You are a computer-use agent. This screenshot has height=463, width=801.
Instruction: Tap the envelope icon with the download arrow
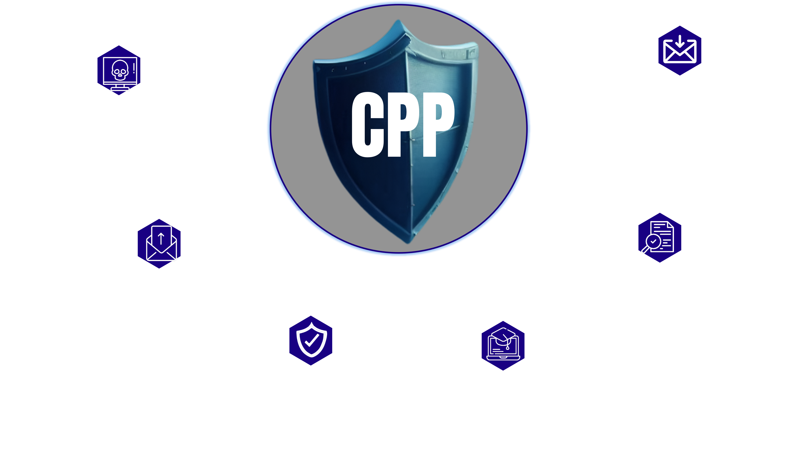680,51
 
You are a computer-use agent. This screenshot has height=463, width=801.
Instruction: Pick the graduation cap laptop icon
503,346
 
